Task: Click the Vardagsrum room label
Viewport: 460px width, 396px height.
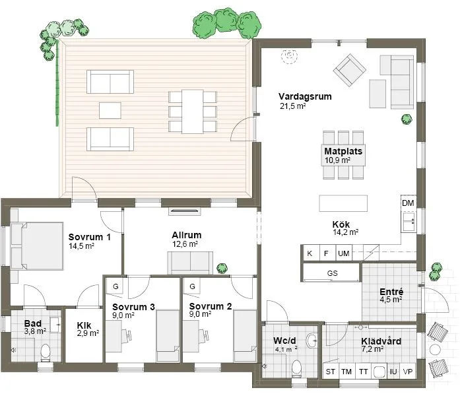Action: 305,96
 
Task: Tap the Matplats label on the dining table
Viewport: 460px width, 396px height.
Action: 343,151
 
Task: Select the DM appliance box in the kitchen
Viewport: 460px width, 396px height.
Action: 408,203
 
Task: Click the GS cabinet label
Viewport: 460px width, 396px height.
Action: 332,273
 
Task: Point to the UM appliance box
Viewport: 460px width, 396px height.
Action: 343,253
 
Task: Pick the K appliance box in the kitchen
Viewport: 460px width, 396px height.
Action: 309,253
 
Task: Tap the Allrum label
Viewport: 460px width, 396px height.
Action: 186,235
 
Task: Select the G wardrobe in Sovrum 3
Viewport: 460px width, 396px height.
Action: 115,287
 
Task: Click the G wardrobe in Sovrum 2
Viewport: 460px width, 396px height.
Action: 192,287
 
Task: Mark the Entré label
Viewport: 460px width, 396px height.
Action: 391,292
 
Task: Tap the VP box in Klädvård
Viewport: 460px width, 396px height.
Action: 408,372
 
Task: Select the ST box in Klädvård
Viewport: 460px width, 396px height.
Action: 331,372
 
